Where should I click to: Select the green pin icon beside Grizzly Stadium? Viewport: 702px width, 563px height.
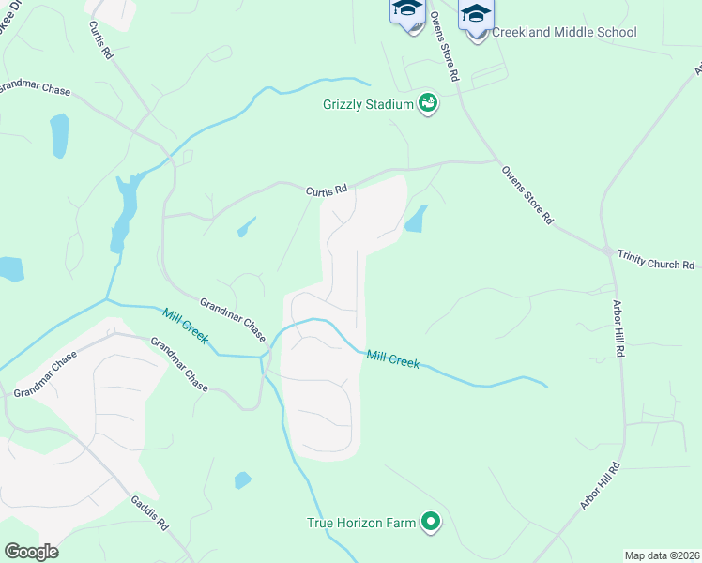[x=428, y=103]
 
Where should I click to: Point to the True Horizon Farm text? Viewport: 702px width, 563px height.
[x=361, y=523]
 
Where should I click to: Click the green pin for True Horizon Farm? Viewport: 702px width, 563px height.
[x=431, y=521]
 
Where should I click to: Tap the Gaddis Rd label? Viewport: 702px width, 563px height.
[x=150, y=511]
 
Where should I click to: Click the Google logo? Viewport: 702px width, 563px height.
[x=31, y=552]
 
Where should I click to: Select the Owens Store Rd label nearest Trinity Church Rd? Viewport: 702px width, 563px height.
[x=526, y=196]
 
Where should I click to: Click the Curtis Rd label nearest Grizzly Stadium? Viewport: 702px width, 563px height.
[x=326, y=190]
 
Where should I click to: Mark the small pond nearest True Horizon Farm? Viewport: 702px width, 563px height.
[x=242, y=480]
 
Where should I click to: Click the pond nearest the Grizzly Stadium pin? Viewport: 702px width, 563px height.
[x=416, y=220]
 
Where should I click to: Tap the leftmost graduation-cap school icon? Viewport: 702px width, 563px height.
[x=407, y=11]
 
